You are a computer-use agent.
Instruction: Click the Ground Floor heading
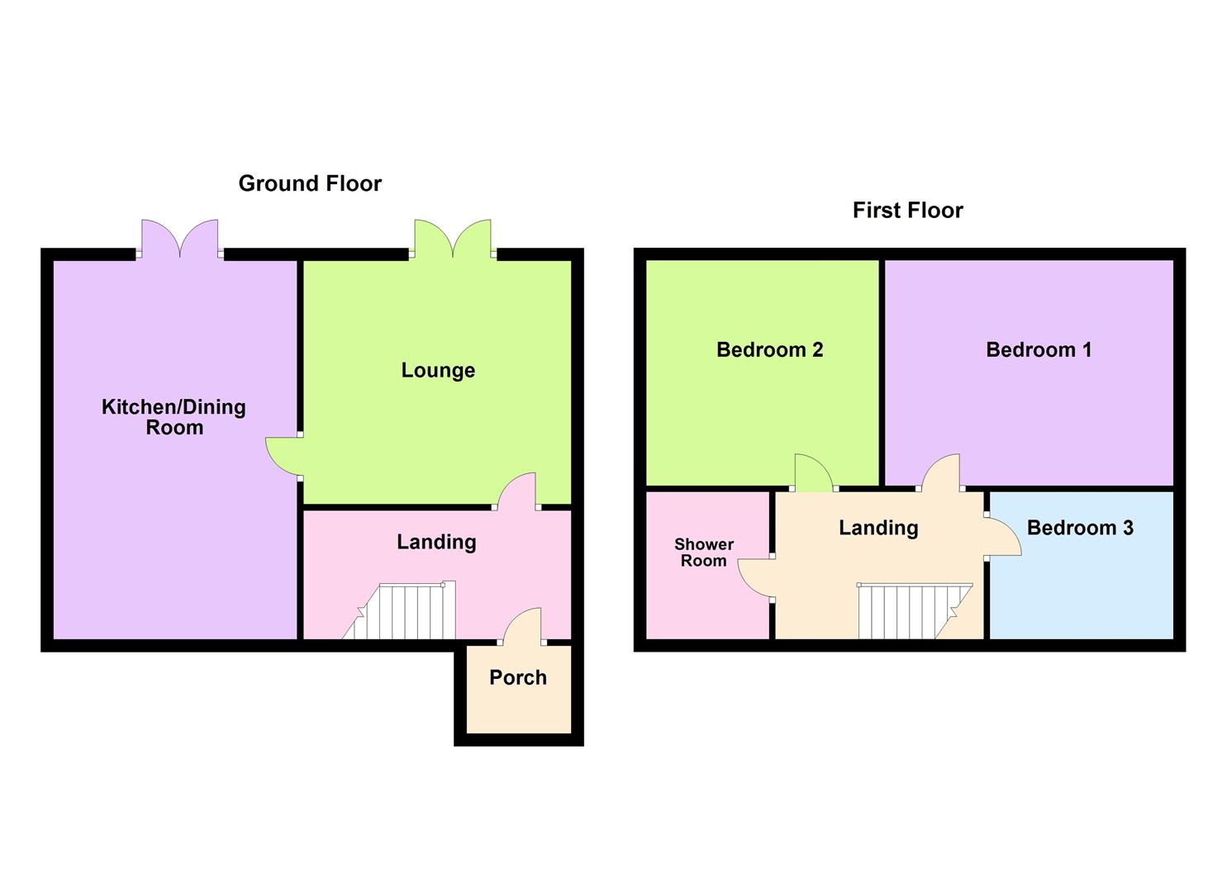tap(310, 183)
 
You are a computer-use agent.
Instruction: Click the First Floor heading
tap(908, 211)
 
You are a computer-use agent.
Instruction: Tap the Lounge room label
tap(438, 370)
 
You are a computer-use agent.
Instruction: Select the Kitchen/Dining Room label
tap(174, 417)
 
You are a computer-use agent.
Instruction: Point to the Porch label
tap(517, 678)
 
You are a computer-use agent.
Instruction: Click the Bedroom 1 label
tap(1039, 350)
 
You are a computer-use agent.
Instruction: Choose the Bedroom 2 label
tap(769, 350)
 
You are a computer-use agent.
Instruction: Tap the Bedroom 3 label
tap(1080, 528)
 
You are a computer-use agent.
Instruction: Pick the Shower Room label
tap(704, 553)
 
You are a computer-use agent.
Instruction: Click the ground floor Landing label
tap(436, 543)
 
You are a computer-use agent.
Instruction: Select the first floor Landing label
tap(878, 529)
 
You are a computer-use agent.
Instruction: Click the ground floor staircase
tap(399, 610)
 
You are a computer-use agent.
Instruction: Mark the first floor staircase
tap(915, 611)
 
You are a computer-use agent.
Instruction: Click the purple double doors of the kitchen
tap(179, 238)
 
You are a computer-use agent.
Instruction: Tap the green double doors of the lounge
tap(453, 238)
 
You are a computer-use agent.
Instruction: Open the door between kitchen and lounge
tap(283, 457)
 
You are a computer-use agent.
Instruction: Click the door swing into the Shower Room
tap(755, 578)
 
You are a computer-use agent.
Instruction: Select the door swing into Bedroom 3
tap(1004, 536)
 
